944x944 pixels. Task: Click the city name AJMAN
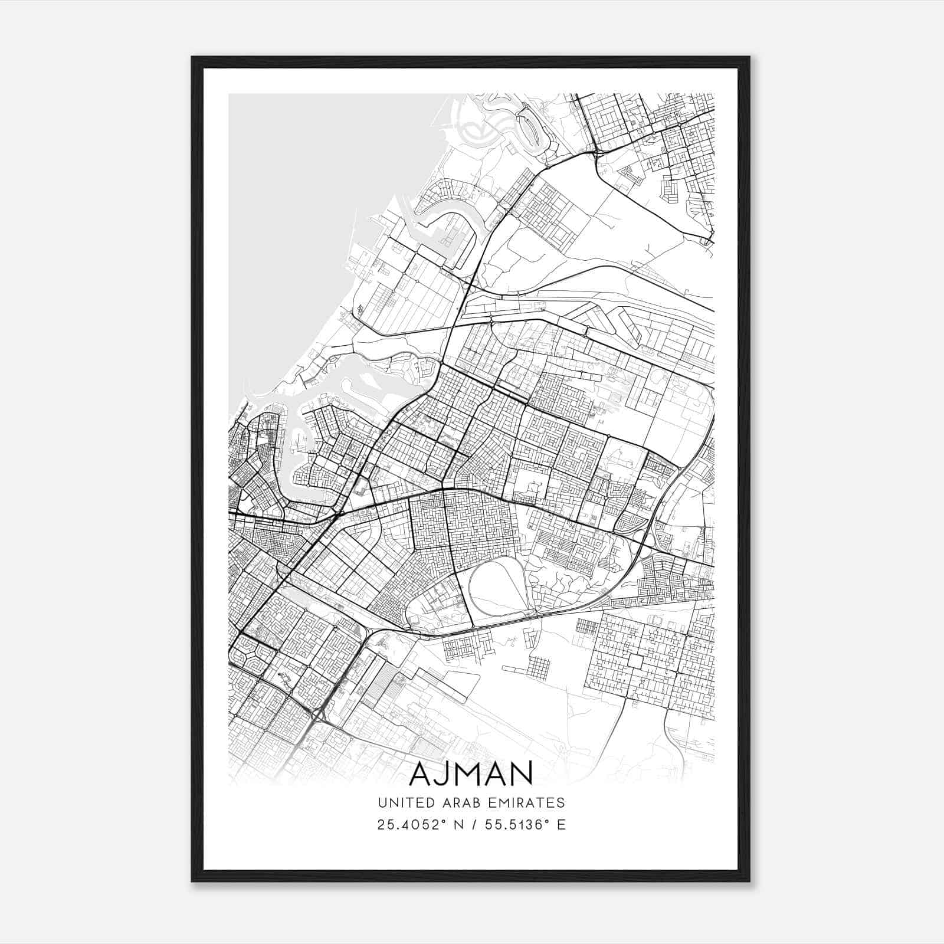[x=470, y=773]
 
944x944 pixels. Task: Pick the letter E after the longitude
[x=561, y=825]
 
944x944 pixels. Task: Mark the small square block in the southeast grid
[x=635, y=661]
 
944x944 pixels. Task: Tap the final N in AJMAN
[x=522, y=774]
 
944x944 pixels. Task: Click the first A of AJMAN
[x=420, y=774]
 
